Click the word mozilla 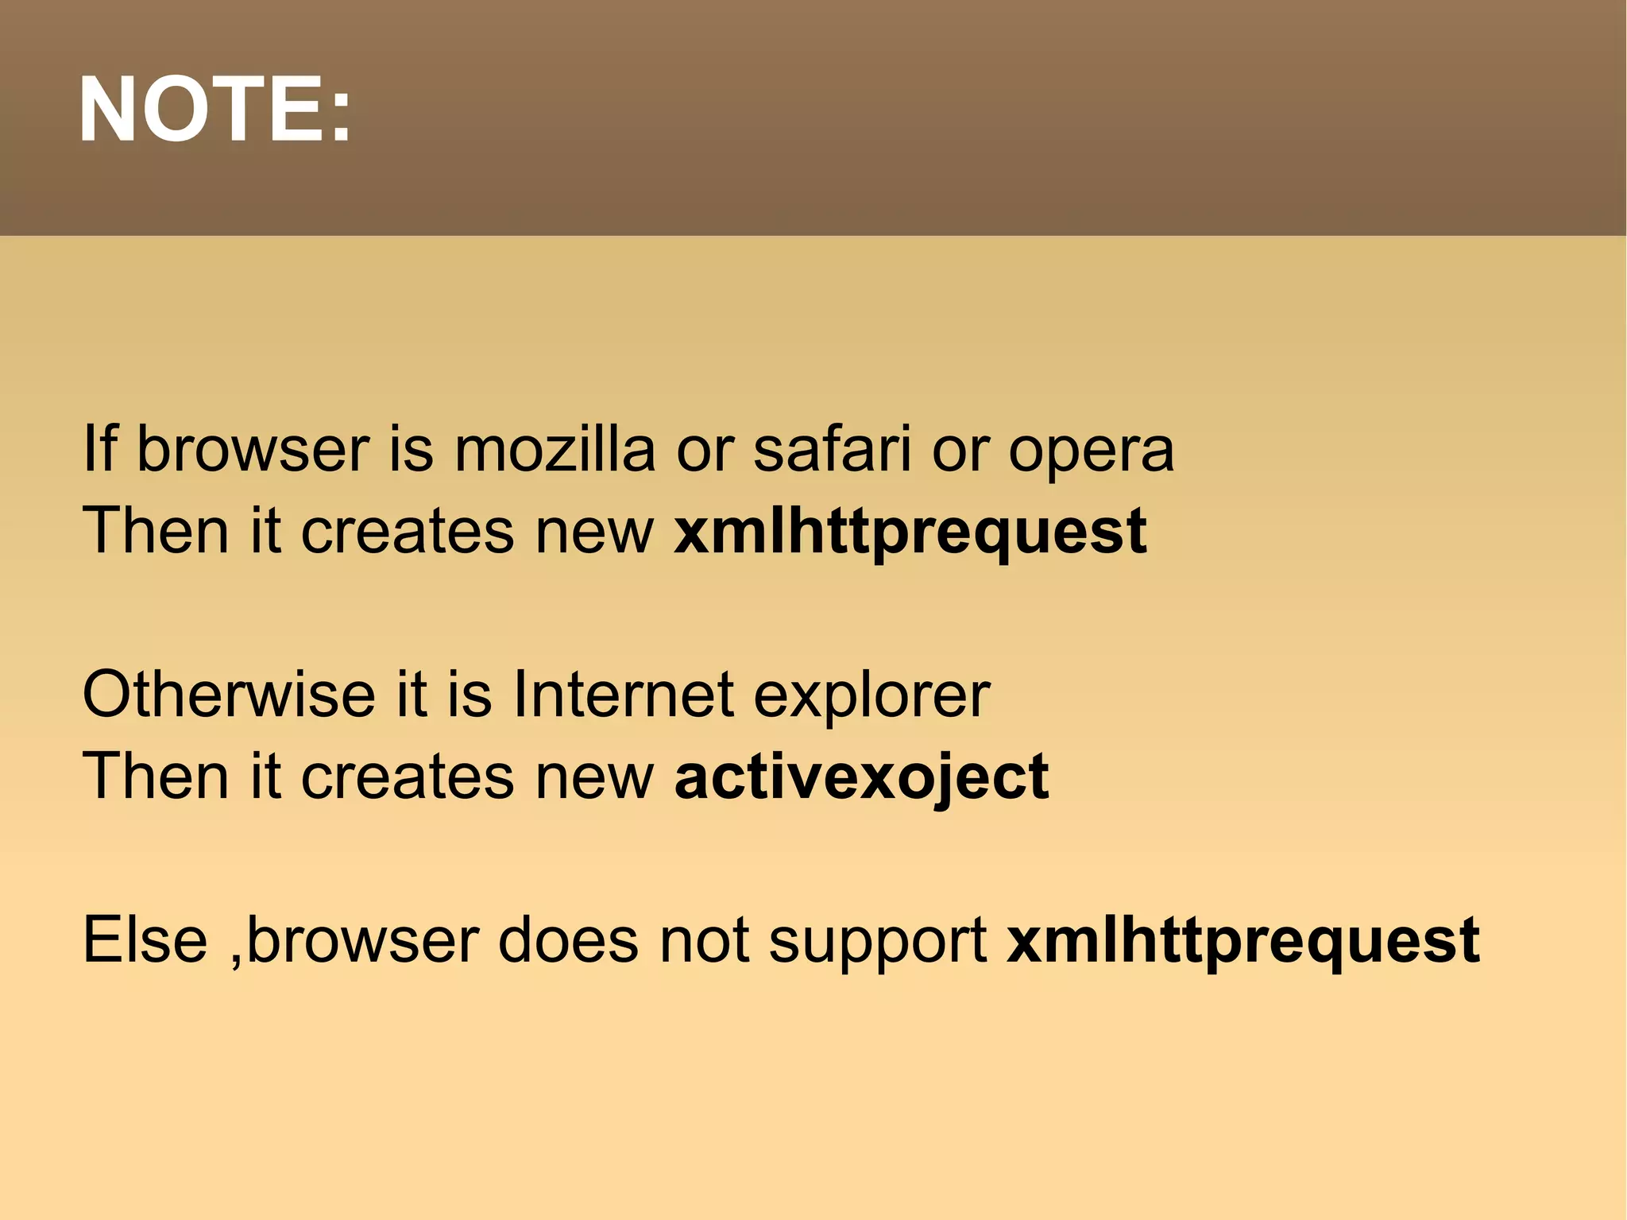(554, 450)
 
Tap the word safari (831, 450)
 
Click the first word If (99, 449)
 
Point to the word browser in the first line (253, 450)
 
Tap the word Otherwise (228, 695)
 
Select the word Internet (623, 695)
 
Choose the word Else (145, 940)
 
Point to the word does (567, 940)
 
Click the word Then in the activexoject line (156, 777)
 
